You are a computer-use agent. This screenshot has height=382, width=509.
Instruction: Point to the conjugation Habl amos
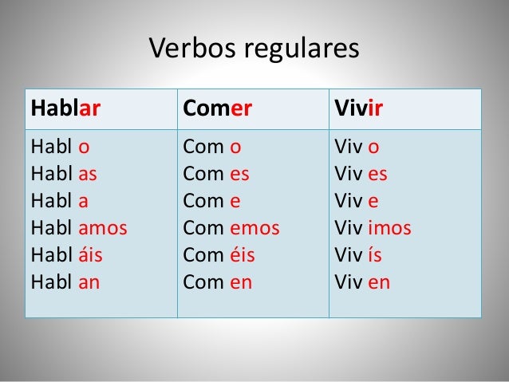tap(78, 228)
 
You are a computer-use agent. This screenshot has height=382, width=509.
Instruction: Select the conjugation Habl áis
tap(66, 255)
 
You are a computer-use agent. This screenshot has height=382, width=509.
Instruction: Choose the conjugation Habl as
tap(64, 174)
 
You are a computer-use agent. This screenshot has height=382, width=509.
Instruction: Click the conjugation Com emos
tap(231, 228)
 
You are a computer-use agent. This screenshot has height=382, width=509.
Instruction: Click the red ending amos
tap(103, 228)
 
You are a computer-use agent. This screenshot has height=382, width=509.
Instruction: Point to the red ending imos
tap(389, 228)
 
